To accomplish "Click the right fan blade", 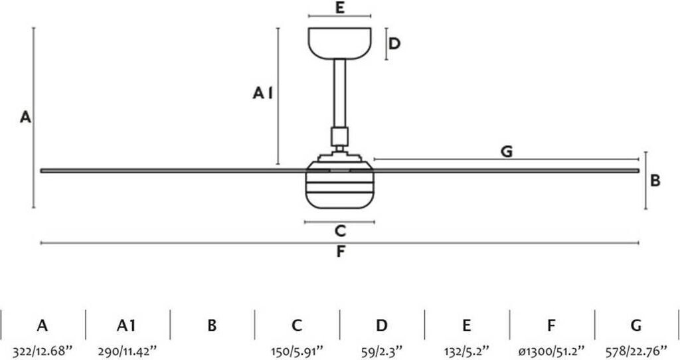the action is (x=505, y=171).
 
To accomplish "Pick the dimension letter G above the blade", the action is (x=506, y=151).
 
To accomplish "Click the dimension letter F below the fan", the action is (x=340, y=252).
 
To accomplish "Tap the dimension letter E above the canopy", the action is (x=339, y=9).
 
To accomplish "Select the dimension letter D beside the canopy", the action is (x=394, y=44).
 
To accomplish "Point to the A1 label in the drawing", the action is (x=263, y=94).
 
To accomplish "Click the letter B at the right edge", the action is (x=655, y=180).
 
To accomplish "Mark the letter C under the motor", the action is (x=339, y=231).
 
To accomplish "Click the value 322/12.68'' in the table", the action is (x=42, y=349).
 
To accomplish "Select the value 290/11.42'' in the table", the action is (x=127, y=349).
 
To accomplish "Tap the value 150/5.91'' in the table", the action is (x=297, y=349).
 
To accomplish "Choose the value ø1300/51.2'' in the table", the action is (x=552, y=349).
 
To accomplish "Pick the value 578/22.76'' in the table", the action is (x=637, y=349).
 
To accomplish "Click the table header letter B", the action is (x=212, y=325).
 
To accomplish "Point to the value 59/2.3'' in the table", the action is (x=382, y=349).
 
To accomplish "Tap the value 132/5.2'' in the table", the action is (x=467, y=349).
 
